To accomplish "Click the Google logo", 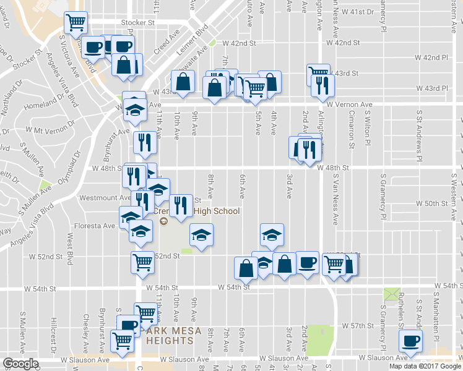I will coord(20,364).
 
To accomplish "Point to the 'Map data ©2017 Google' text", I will coord(425,366).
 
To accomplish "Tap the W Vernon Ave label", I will coord(351,104).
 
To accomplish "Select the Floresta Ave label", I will coord(95,226).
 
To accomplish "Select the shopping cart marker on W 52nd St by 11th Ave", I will coord(143,263).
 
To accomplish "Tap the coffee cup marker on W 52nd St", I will coord(308,262).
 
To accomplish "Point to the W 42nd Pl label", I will coord(431,58).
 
